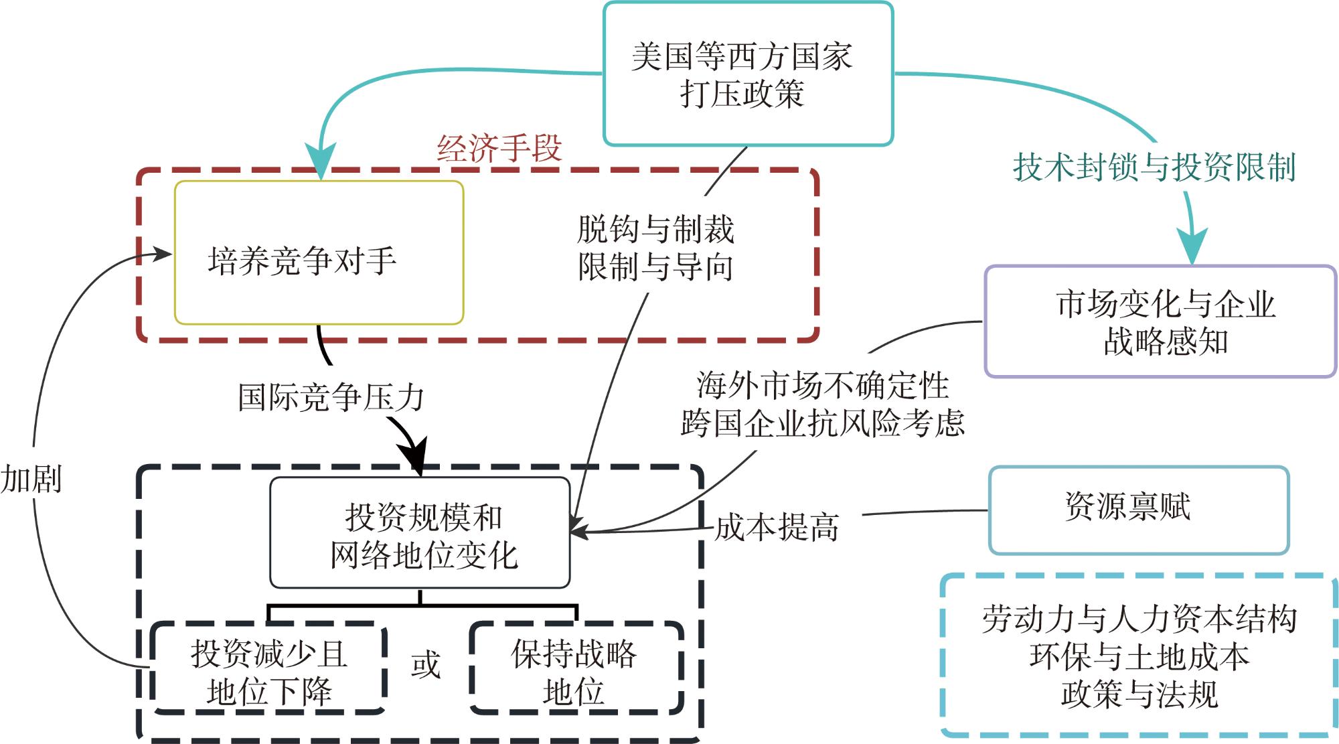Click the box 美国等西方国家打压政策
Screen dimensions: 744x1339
pyautogui.click(x=748, y=74)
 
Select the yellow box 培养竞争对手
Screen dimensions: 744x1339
pyautogui.click(x=319, y=253)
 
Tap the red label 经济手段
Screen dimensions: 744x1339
pyautogui.click(x=499, y=148)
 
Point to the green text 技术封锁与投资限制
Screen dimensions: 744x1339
pyautogui.click(x=1154, y=167)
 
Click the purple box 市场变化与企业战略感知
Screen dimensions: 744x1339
pyautogui.click(x=1160, y=321)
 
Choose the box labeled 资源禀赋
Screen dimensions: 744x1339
pyautogui.click(x=1138, y=509)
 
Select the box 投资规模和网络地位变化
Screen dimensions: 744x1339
pyautogui.click(x=420, y=533)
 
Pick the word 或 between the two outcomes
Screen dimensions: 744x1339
pyautogui.click(x=426, y=664)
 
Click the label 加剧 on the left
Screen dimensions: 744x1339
pyautogui.click(x=31, y=479)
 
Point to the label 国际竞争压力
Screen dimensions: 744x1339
pyautogui.click(x=331, y=397)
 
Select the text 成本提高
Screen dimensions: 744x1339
pyautogui.click(x=777, y=527)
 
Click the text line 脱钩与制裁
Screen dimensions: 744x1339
pyautogui.click(x=655, y=229)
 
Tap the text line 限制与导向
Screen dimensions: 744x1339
pyautogui.click(x=655, y=267)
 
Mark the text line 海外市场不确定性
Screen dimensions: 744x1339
pyautogui.click(x=822, y=385)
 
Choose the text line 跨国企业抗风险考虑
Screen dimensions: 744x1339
pyautogui.click(x=822, y=423)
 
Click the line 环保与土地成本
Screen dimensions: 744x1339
pyautogui.click(x=1139, y=657)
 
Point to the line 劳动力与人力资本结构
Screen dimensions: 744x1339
pyautogui.click(x=1139, y=619)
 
